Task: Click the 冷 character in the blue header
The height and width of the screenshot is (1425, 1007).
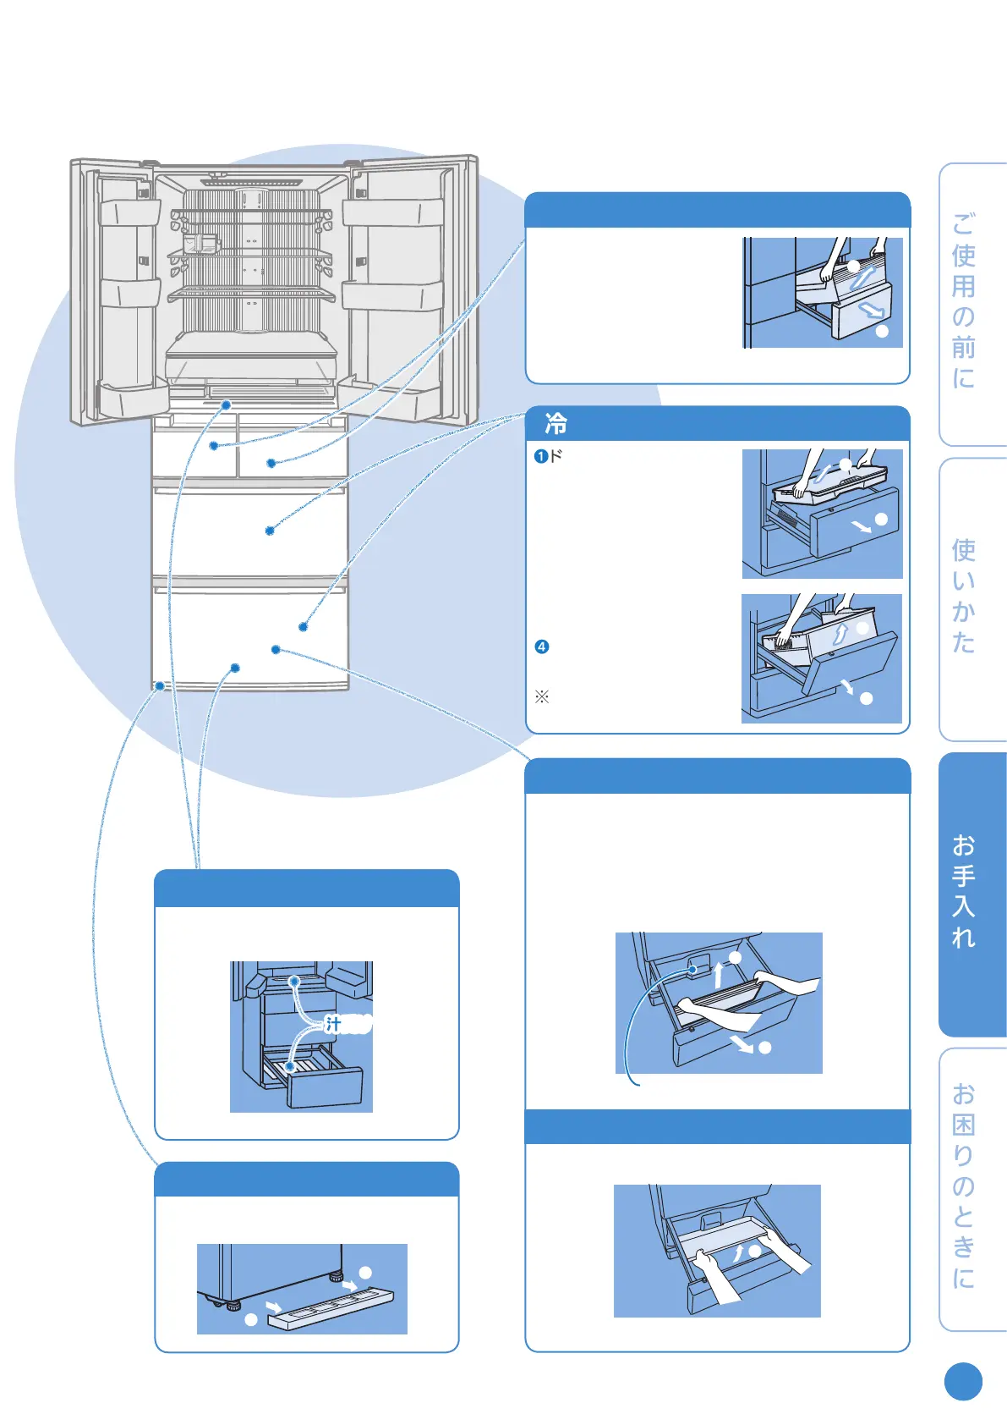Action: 555,423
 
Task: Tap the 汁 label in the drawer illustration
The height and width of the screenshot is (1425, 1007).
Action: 334,1025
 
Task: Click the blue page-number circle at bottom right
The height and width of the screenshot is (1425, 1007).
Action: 963,1382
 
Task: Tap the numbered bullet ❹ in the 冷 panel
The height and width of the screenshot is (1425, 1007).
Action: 542,647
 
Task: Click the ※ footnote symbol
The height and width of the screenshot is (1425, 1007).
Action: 542,697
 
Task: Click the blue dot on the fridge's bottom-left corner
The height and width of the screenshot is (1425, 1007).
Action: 159,686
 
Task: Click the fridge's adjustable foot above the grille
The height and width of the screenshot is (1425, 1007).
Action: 337,1275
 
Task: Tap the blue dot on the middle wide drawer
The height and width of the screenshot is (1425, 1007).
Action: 270,531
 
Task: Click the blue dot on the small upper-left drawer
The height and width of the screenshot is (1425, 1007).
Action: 214,445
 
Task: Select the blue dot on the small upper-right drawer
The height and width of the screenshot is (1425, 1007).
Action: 271,463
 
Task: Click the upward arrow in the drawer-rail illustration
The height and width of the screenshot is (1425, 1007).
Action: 719,974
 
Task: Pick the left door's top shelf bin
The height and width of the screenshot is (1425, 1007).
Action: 129,212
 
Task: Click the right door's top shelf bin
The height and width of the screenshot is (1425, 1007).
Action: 391,212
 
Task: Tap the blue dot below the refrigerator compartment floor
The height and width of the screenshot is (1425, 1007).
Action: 226,405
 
